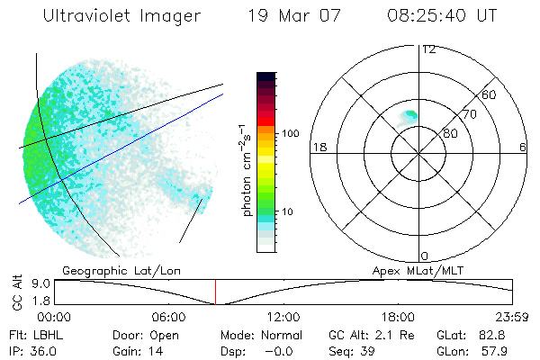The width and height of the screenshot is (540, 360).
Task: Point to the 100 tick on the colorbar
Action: coord(290,133)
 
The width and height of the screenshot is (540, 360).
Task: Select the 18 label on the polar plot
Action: coord(319,147)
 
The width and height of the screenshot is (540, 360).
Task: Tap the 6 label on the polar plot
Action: coord(522,147)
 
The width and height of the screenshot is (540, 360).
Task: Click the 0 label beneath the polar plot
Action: coord(425,256)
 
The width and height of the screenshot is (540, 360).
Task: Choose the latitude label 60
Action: coord(490,94)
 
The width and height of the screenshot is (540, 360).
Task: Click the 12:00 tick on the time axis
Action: coord(283,317)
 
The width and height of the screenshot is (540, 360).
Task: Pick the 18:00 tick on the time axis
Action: coord(398,317)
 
